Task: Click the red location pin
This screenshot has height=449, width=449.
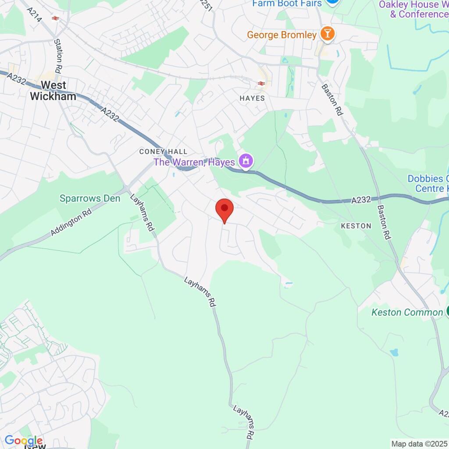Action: click(x=224, y=209)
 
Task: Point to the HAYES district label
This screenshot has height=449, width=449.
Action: click(x=252, y=98)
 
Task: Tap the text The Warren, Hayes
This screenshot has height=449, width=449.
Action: click(x=194, y=162)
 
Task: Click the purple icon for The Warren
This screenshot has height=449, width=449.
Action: click(x=246, y=161)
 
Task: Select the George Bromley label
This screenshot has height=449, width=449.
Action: click(x=282, y=35)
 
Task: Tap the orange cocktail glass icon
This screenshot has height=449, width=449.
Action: click(x=327, y=33)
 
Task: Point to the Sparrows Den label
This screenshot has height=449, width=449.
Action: click(x=90, y=199)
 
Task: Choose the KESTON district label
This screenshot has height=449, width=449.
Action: click(x=356, y=226)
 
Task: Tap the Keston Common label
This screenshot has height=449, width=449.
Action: click(x=407, y=312)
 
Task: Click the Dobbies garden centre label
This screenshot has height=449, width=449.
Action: click(x=428, y=184)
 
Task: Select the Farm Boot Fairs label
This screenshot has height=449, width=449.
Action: click(x=287, y=4)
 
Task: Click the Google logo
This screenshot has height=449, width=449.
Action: click(x=24, y=440)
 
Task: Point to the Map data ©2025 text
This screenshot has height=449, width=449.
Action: click(x=419, y=443)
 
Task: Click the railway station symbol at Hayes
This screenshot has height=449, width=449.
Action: click(x=261, y=83)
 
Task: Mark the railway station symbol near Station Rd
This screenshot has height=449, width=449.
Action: click(x=55, y=18)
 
